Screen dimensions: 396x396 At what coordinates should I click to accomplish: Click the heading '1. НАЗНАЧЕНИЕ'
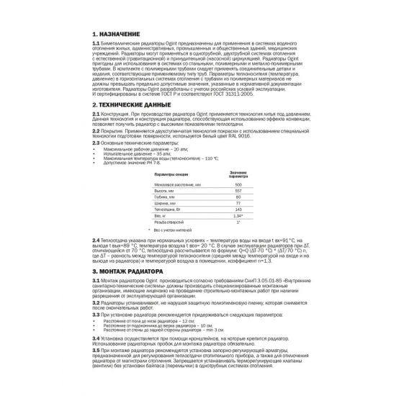pyautogui.click(x=119, y=34)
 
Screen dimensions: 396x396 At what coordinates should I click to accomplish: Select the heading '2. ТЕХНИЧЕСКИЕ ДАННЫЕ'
pyautogui.click(x=131, y=104)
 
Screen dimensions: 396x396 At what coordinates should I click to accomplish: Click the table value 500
pyautogui.click(x=238, y=186)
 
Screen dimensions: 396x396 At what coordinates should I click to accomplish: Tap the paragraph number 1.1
pyautogui.click(x=96, y=43)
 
